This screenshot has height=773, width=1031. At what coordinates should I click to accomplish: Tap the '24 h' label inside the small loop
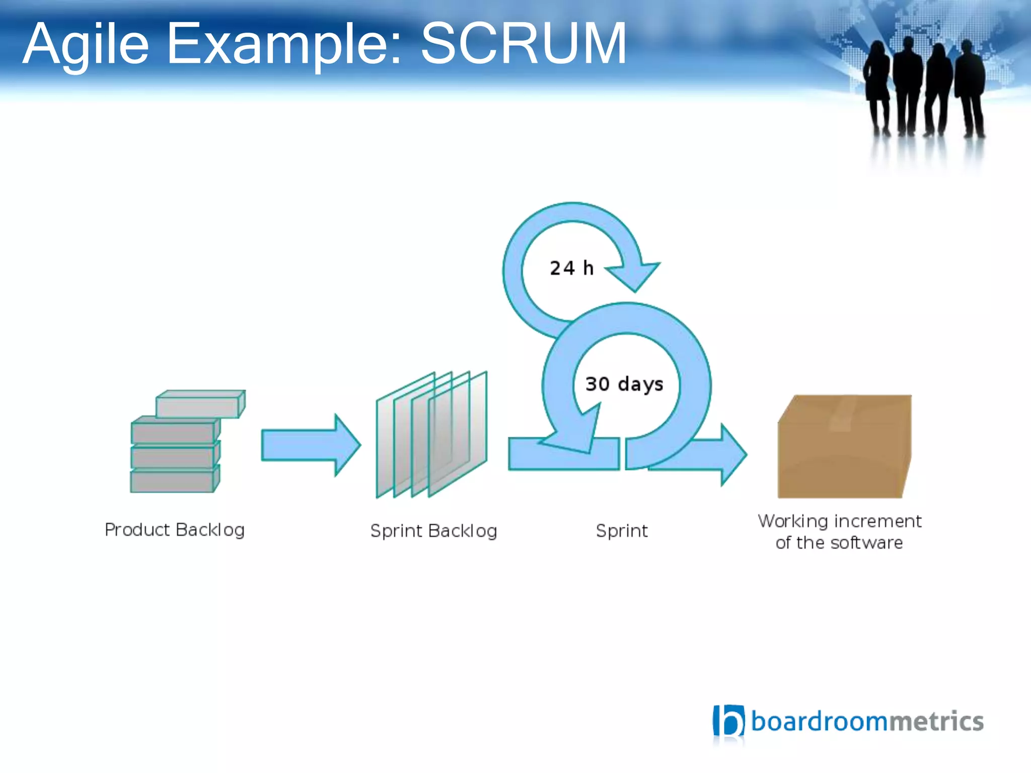tap(571, 268)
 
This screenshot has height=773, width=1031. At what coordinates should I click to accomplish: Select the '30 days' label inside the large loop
tap(624, 384)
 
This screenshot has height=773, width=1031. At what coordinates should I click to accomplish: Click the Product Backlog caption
tap(174, 530)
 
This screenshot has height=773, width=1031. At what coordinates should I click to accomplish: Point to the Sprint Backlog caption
tap(433, 531)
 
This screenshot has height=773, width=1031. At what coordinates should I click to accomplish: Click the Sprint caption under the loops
tap(622, 531)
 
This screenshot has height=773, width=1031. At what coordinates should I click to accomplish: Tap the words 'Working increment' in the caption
tap(839, 521)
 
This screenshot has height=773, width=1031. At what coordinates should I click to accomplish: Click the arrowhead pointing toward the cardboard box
tap(732, 454)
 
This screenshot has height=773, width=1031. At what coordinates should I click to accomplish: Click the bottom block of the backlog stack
tap(174, 481)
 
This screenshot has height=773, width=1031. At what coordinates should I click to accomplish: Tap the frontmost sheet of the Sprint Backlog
tap(457, 433)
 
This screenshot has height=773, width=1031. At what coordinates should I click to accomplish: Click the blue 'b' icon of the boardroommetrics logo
tap(728, 721)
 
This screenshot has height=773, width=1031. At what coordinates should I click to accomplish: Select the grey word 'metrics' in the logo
tap(935, 721)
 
